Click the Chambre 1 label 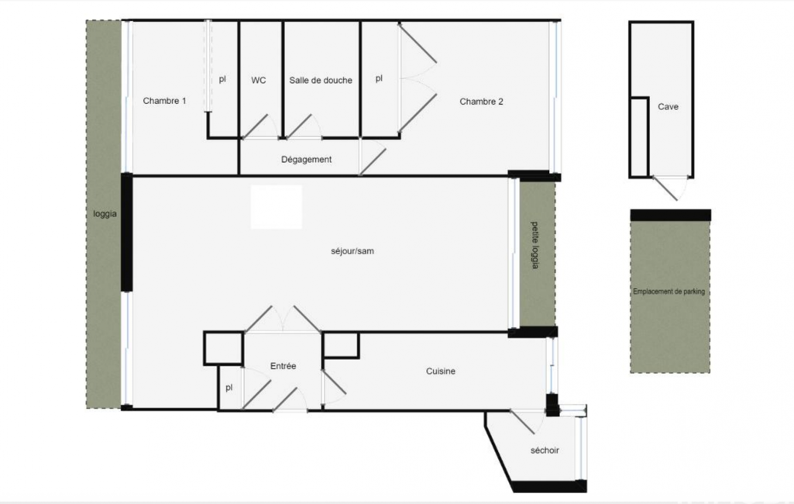point(164,101)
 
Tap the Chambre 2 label point(481,102)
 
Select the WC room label point(258,80)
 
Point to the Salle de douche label point(321,80)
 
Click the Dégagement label point(306,160)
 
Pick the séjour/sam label point(352,251)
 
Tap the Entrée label point(283,365)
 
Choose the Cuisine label point(441,371)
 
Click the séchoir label point(545,450)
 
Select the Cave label point(668,106)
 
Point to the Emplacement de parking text point(669,292)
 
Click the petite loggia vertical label point(534,245)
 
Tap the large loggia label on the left point(105,214)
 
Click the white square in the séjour point(277,207)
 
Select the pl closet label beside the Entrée point(229,388)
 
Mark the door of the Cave point(669,188)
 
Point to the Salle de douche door point(303,126)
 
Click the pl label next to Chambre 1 point(222,79)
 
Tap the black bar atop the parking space point(670,215)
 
